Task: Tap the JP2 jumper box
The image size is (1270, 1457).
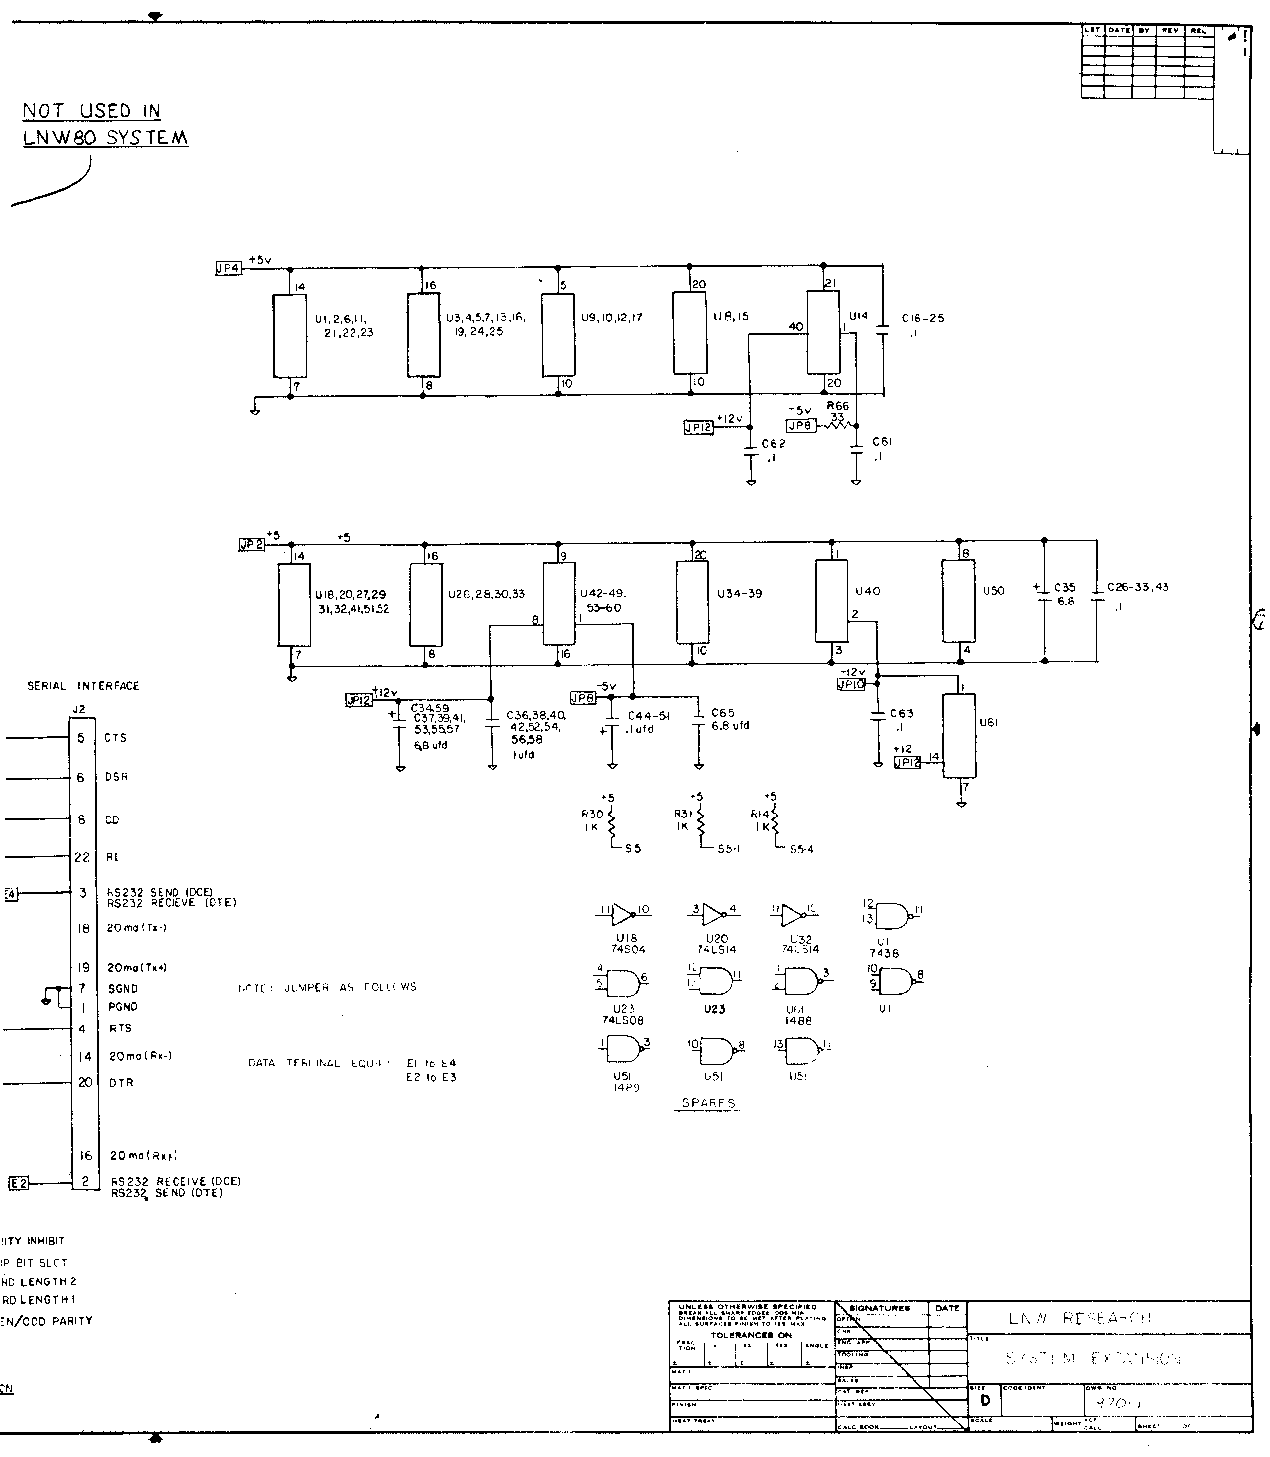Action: pos(251,544)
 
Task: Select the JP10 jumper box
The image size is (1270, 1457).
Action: pos(851,684)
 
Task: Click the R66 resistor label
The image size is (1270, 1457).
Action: pos(838,406)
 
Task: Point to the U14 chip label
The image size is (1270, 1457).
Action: pos(858,316)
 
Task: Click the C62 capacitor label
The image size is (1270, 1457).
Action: pos(773,444)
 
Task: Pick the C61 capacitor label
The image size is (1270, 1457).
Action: pos(882,441)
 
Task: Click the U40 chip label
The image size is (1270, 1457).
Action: pos(868,591)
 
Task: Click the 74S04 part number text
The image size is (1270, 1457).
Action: pos(629,949)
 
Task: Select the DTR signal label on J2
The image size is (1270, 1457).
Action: pos(121,1083)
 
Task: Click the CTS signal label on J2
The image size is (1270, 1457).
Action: pos(115,738)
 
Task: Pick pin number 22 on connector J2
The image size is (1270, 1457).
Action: pos(82,857)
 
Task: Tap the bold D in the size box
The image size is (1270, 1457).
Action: pos(985,1401)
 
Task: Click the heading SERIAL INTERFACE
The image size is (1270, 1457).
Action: pos(83,686)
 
